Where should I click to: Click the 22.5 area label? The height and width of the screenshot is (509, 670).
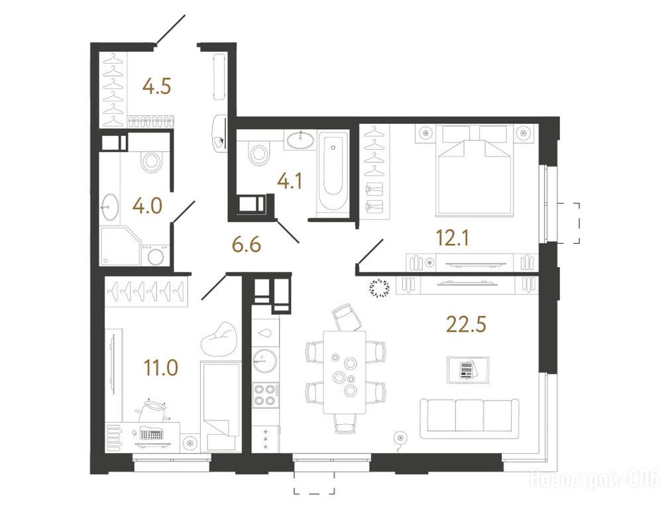click(466, 324)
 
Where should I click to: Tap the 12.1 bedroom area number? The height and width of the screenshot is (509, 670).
click(452, 238)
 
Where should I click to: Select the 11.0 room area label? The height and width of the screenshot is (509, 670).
click(161, 368)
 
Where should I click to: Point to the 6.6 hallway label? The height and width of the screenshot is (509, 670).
click(246, 245)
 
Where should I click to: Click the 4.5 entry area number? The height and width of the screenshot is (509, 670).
click(157, 87)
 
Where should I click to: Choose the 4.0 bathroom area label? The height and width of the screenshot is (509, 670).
click(147, 206)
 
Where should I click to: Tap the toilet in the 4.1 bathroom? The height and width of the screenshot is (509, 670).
click(259, 153)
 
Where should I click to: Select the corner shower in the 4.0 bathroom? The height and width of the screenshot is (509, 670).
click(121, 246)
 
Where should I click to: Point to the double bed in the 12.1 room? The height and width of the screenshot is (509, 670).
click(474, 170)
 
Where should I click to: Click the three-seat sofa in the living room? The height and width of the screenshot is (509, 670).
click(469, 419)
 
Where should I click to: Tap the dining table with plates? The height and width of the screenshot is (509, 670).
click(345, 372)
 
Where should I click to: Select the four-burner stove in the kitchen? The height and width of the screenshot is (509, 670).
click(264, 395)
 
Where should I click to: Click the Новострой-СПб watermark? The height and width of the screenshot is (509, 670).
click(595, 479)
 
